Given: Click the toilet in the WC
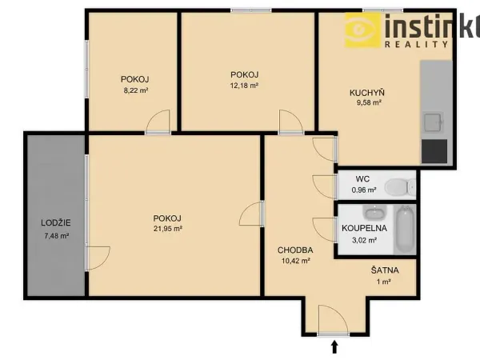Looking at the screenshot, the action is click(400, 186).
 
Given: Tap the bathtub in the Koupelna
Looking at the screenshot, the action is click(405, 230).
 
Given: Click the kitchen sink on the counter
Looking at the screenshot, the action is click(433, 122).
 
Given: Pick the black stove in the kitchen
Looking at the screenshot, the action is click(434, 151).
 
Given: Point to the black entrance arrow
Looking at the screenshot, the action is click(334, 347).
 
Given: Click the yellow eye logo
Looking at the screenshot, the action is click(363, 30).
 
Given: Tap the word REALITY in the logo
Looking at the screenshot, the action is click(416, 44).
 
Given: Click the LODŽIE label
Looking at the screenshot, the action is click(56, 222).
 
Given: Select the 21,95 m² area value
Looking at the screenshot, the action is click(168, 229).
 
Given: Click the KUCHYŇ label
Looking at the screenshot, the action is click(367, 92).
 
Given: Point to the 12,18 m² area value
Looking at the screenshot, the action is click(244, 86).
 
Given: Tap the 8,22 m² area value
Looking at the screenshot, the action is click(136, 90).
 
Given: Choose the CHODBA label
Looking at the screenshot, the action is click(295, 250).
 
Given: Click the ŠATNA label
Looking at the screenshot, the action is click(385, 270).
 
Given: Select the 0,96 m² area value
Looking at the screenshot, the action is click(364, 190).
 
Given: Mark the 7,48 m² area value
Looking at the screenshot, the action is click(56, 236).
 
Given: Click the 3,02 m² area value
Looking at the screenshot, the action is click(364, 240).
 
